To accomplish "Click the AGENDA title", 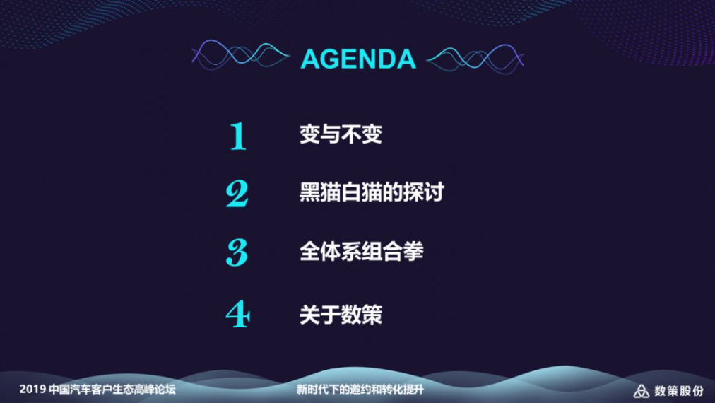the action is coord(358,59).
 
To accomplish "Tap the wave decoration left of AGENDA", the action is coord(240,56).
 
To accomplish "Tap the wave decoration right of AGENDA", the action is coord(475,59).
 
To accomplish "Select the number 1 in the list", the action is coord(237,136).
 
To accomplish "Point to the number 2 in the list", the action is coord(237,194).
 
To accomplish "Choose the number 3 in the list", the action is coord(237,252).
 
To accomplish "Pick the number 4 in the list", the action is coord(237,314).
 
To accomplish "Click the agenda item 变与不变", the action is coord(341,134).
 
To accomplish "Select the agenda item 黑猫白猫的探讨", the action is coord(372,192).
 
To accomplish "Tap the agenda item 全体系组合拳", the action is coord(362,252).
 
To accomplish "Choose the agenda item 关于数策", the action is coord(341,315).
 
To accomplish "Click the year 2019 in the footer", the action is coord(32,390).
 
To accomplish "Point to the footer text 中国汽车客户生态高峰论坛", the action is coord(112,390).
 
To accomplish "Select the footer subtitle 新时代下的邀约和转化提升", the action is coord(360,390).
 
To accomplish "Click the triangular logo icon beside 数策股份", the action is coord(641,391).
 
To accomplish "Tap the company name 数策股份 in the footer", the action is coord(679,391).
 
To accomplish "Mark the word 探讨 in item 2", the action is coord(424,192).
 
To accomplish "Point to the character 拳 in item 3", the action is coord(414,252).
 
